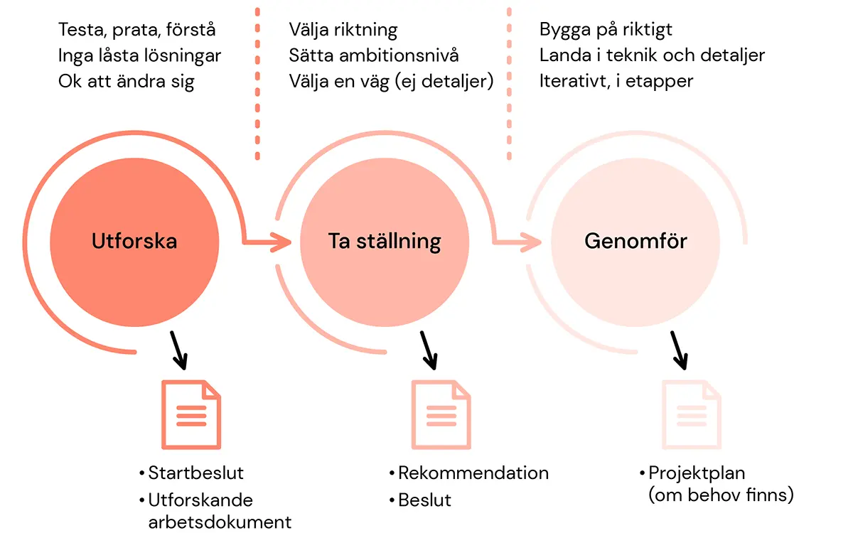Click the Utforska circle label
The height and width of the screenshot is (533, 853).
click(x=134, y=241)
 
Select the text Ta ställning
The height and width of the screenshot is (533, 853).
click(x=385, y=241)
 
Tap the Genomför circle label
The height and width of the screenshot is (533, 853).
click(x=635, y=241)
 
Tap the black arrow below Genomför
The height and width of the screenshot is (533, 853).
click(x=679, y=350)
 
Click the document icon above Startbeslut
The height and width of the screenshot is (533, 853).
click(x=191, y=414)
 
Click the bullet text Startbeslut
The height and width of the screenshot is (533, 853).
click(x=196, y=473)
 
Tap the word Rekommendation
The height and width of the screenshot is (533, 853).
click(x=473, y=473)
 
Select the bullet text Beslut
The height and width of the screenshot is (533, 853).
click(x=424, y=500)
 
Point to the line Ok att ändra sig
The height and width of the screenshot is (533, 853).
click(x=127, y=81)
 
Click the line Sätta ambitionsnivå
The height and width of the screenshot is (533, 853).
click(x=374, y=55)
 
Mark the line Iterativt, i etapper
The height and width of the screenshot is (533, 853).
click(x=616, y=81)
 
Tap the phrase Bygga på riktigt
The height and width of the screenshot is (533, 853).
click(x=606, y=30)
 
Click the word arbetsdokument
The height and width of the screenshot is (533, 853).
click(x=220, y=522)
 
